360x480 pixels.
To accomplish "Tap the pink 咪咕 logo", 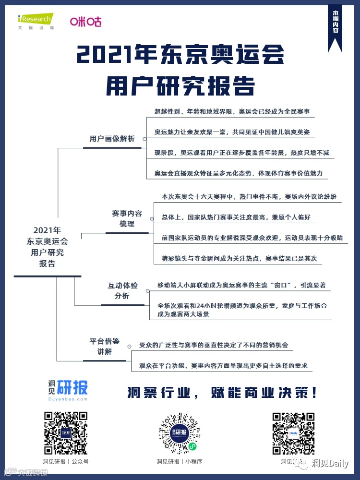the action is pyautogui.click(x=85, y=22).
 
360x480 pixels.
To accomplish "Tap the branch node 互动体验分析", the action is pyautogui.click(x=122, y=291).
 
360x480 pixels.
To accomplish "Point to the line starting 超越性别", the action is pyautogui.click(x=232, y=111).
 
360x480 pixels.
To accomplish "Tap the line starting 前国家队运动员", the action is pyautogui.click(x=252, y=238).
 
